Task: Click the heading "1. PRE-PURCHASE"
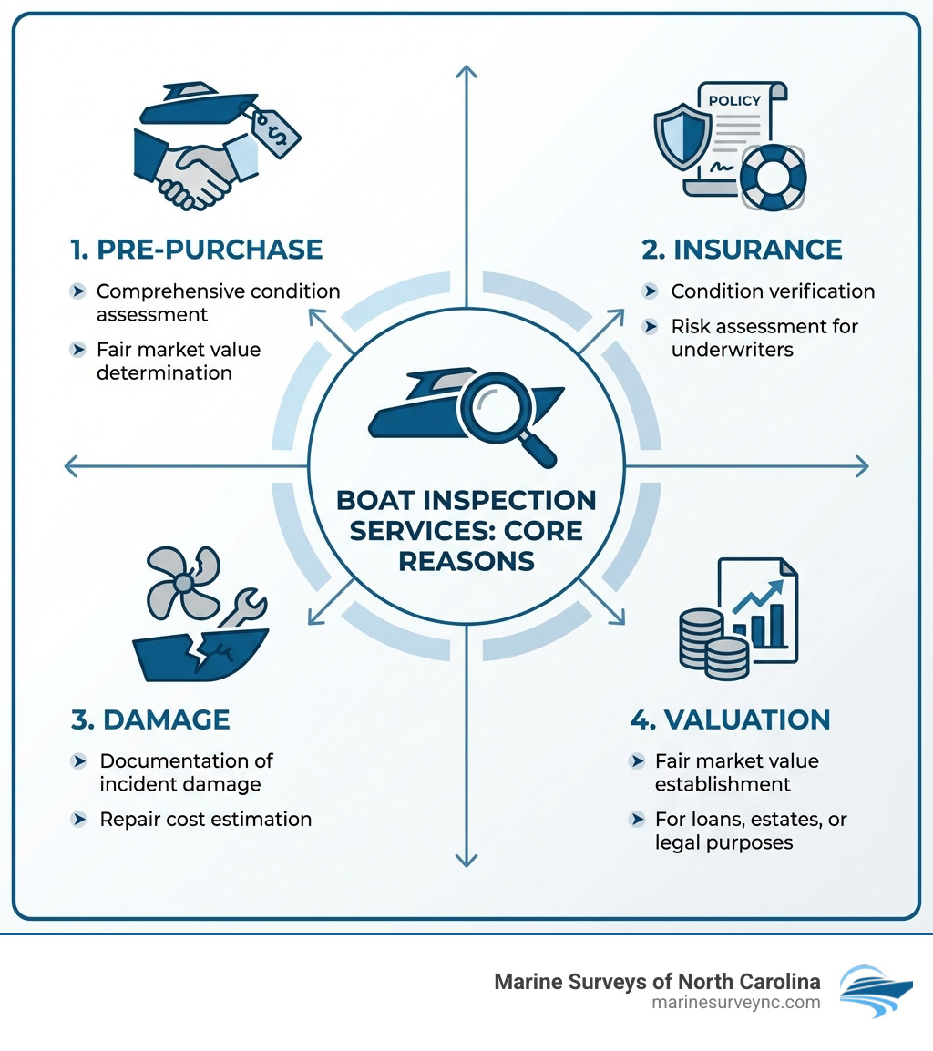point(197,249)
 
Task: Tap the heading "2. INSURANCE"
point(742,249)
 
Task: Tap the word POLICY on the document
point(733,101)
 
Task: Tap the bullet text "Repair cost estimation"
point(205,819)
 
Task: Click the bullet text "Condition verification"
point(773,291)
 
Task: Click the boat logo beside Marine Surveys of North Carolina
point(874,992)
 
